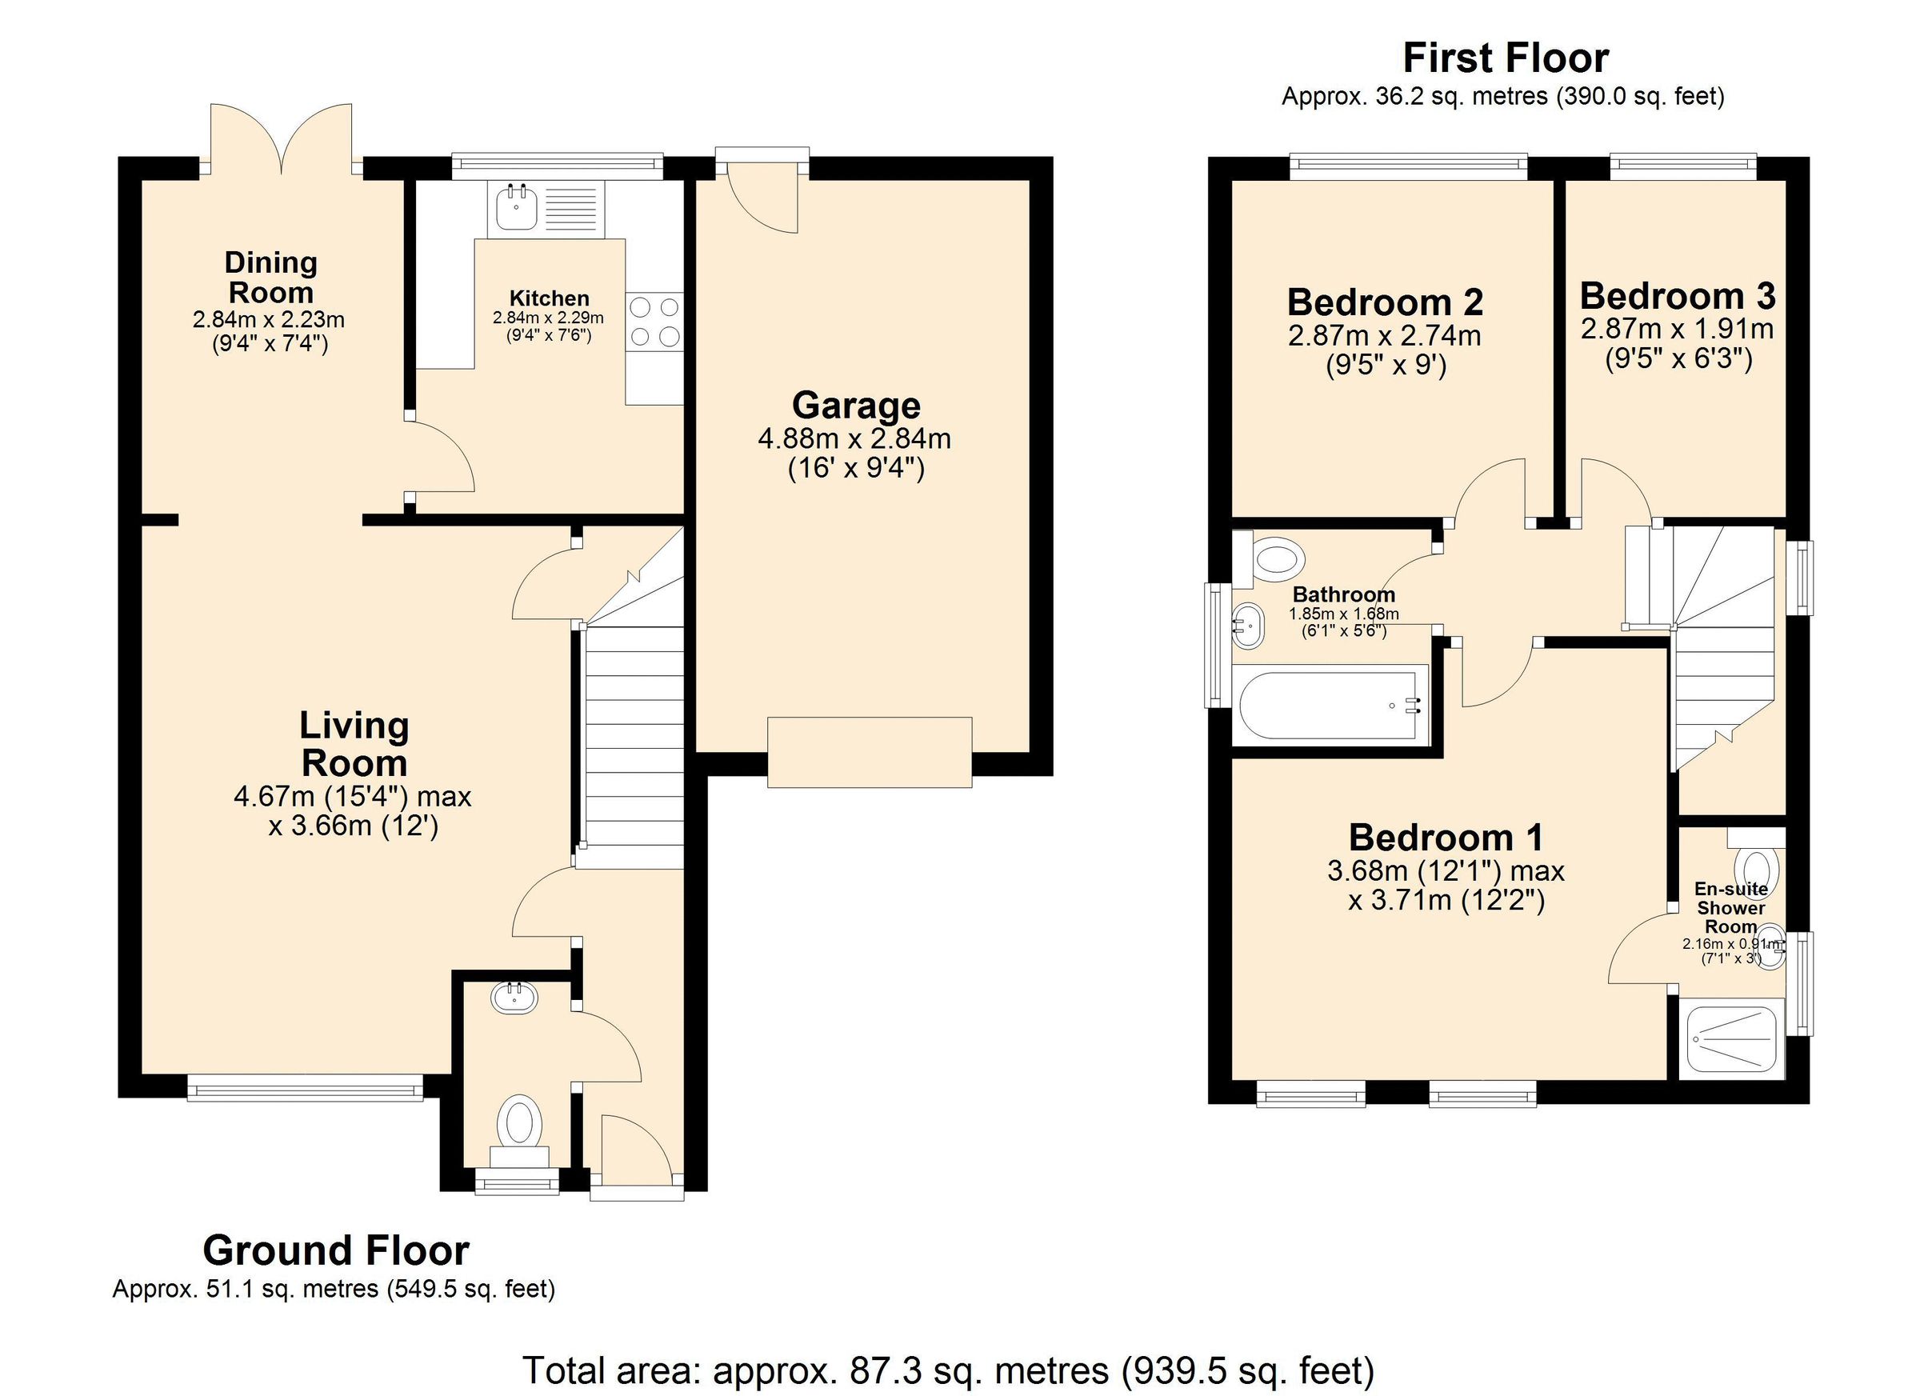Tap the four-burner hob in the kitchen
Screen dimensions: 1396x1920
coord(654,321)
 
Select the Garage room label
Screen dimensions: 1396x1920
coord(856,406)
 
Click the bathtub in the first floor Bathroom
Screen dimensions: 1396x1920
coord(1328,705)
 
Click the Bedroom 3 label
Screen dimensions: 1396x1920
coord(1677,296)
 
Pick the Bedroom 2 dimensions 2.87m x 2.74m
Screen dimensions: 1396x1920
coord(1384,336)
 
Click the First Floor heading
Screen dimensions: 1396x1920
coord(1505,58)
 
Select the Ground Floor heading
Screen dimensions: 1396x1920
coord(335,1250)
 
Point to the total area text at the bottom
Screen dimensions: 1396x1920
coord(948,1370)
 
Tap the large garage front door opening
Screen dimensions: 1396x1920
coord(870,753)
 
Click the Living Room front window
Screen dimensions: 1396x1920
coord(304,1088)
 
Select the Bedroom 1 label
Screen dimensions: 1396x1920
coord(1446,838)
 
